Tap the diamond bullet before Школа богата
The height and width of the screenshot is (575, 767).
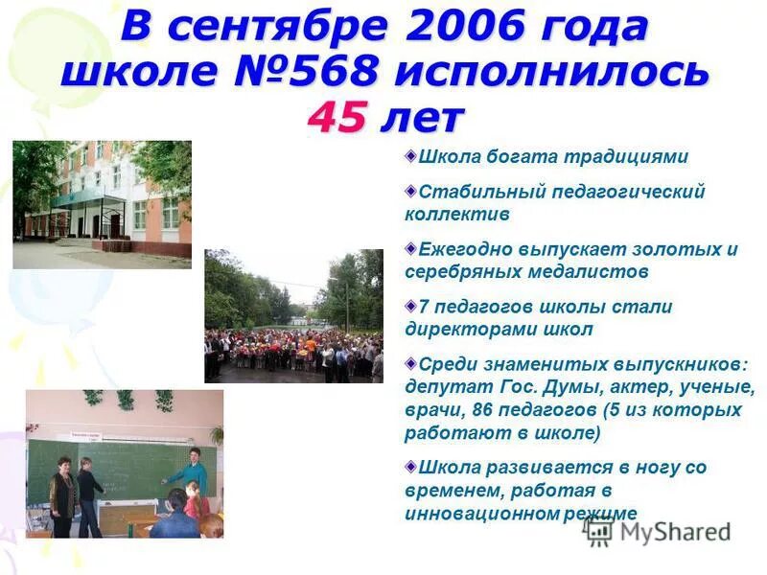click(410, 154)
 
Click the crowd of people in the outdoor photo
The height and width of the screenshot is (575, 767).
click(292, 350)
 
